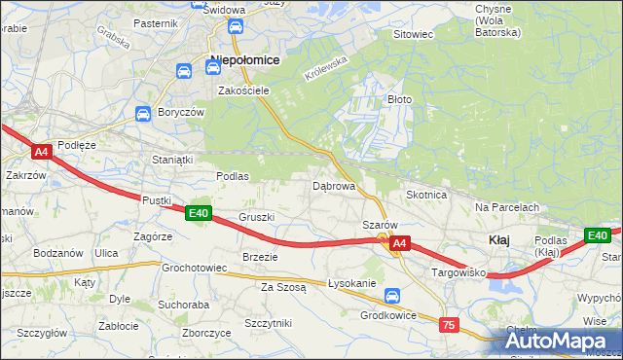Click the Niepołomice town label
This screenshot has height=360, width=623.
244,59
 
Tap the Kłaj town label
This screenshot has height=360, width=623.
499,239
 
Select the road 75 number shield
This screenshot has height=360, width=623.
449,325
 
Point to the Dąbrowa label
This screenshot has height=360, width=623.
333,185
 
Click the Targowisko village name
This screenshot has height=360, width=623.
458,274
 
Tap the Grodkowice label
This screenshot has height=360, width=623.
388,315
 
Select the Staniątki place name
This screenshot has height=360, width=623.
173,158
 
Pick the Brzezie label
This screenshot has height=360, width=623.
260,257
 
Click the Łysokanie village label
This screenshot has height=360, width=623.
351,283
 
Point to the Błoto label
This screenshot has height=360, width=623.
400,99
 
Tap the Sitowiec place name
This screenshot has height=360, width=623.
412,34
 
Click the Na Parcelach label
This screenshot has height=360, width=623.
506,207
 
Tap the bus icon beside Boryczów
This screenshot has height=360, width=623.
142,113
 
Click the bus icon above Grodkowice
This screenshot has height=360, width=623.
391,296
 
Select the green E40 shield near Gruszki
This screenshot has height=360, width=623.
199,213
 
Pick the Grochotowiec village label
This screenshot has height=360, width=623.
195,267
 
